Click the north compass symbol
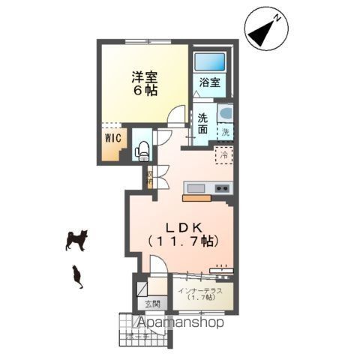click(x=266, y=31)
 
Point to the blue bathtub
click(x=209, y=62)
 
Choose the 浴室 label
click(x=209, y=83)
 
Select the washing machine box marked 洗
click(x=226, y=133)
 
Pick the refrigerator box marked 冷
click(x=223, y=154)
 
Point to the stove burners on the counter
click(x=222, y=187)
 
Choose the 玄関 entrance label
click(x=146, y=304)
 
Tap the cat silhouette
click(x=76, y=276)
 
